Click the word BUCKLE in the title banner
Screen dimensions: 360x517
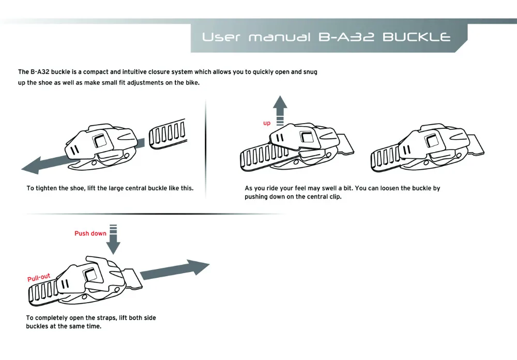[x=418, y=37]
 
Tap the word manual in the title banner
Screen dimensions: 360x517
[x=280, y=37]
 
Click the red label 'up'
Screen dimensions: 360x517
[x=267, y=123]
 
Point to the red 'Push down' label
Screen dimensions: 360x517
[x=90, y=233]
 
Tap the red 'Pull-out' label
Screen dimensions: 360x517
[x=39, y=277]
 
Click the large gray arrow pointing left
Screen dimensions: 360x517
[x=47, y=163]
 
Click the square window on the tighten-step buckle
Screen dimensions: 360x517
[x=99, y=141]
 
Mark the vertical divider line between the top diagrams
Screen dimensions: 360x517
[x=206, y=150]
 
